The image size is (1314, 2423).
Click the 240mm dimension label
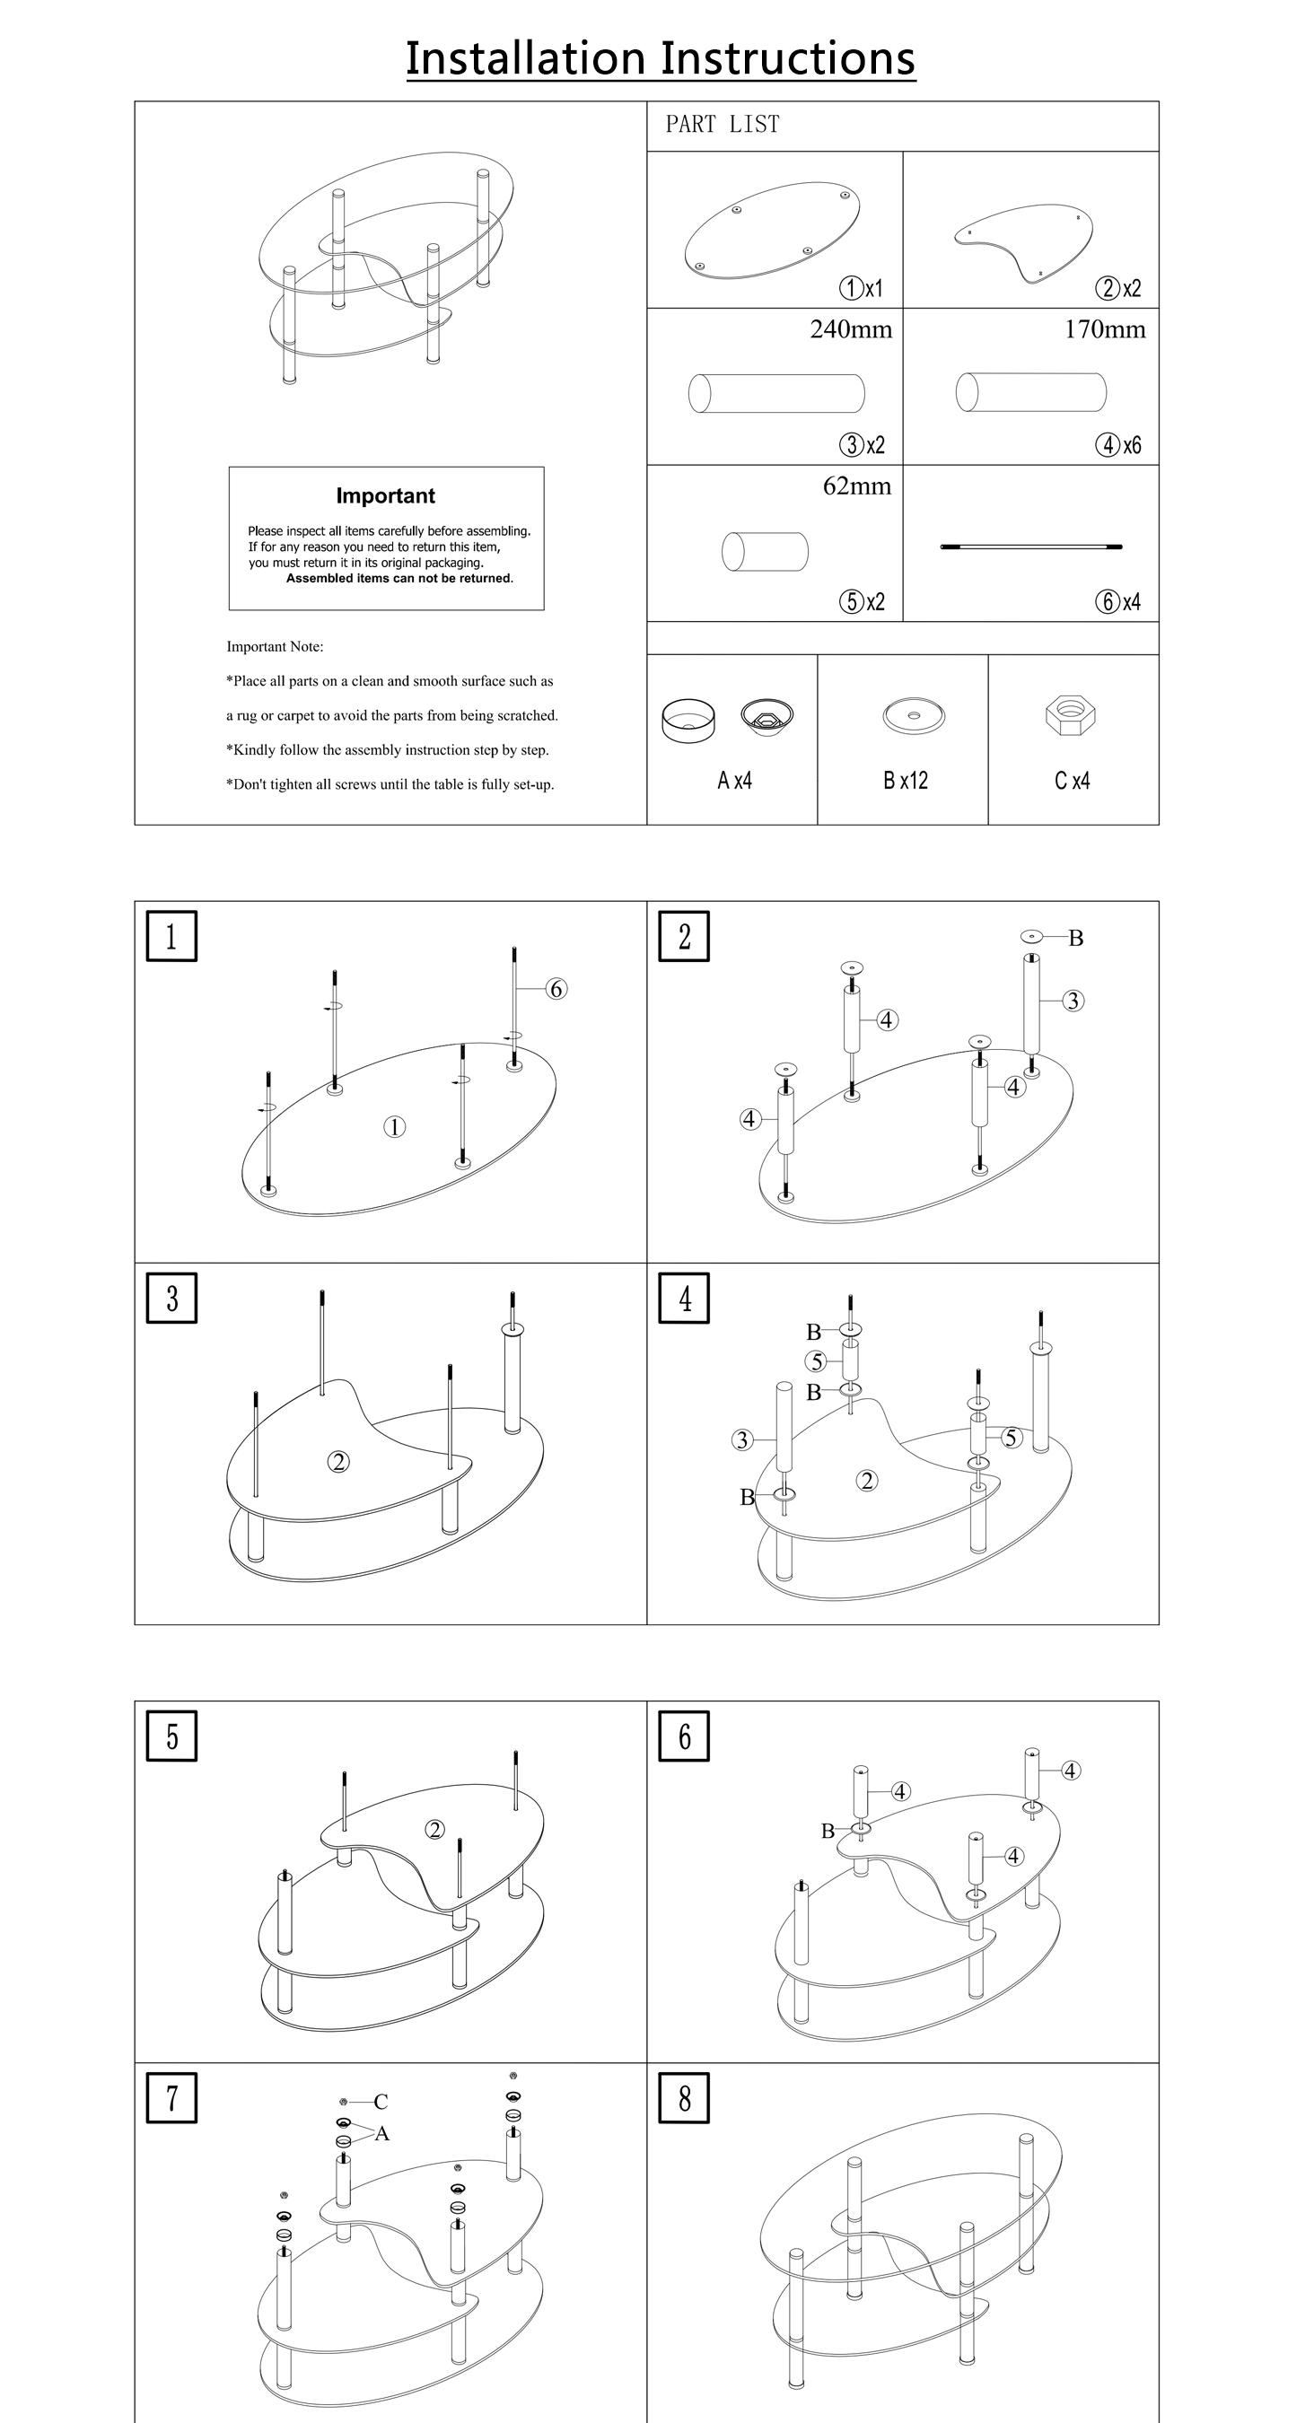click(850, 330)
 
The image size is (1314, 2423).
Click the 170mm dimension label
click(1105, 330)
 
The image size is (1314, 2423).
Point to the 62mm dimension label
click(857, 486)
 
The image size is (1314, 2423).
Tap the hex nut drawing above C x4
click(1072, 715)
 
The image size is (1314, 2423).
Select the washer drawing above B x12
click(914, 716)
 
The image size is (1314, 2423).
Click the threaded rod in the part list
click(1031, 547)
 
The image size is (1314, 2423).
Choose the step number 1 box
click(171, 937)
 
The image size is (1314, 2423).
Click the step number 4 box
click(684, 1298)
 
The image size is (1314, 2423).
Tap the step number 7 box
click(171, 2098)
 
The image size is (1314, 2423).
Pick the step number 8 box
click(684, 2098)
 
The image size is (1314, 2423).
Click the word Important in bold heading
click(386, 495)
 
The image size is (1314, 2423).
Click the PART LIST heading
click(723, 124)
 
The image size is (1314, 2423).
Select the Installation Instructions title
click(661, 58)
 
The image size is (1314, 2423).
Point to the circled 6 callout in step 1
click(556, 989)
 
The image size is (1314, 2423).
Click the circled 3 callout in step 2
click(1073, 1001)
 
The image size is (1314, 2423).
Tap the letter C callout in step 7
click(380, 2102)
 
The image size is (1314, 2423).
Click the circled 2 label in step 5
click(434, 1830)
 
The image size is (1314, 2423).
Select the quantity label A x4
click(734, 781)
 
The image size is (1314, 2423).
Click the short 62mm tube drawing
click(765, 551)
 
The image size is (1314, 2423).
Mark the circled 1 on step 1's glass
click(394, 1127)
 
